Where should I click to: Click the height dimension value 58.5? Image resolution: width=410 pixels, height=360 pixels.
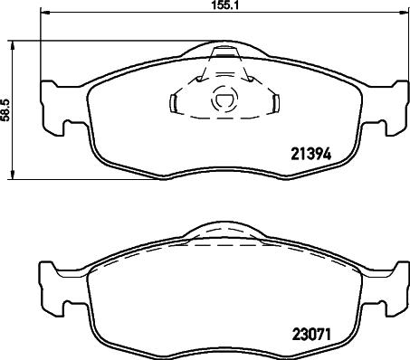point(6,109)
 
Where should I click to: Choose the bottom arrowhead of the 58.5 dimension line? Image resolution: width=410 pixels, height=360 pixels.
point(12,174)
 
